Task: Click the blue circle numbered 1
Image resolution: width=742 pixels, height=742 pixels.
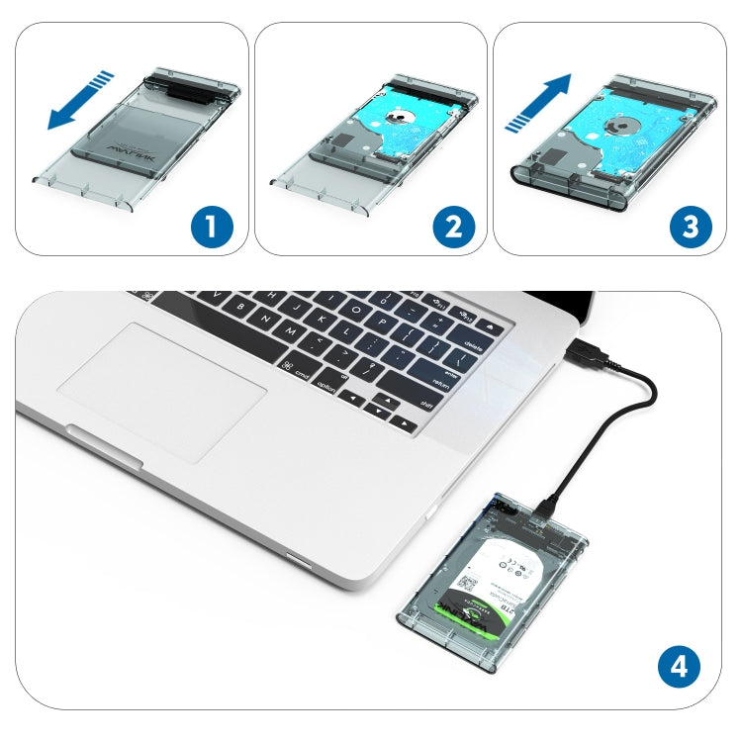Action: pos(212,227)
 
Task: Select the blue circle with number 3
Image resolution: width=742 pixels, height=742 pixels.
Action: pos(690,227)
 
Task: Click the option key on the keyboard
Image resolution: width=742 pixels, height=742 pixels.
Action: pos(327,388)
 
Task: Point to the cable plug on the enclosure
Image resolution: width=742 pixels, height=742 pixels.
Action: pos(546,507)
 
